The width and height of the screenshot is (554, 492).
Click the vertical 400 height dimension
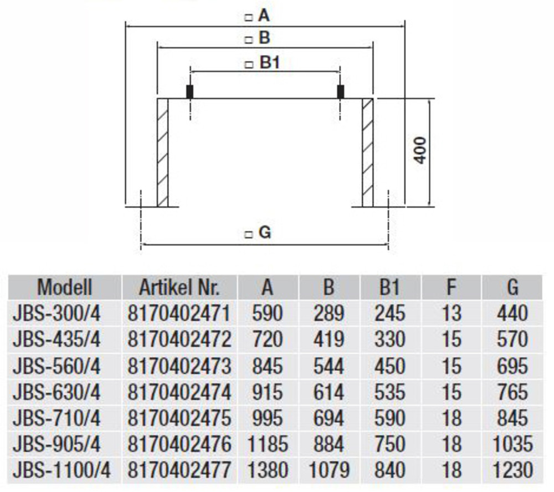pyautogui.click(x=420, y=150)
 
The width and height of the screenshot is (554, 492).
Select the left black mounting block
pyautogui.click(x=189, y=92)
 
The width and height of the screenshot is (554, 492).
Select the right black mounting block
pyautogui.click(x=341, y=92)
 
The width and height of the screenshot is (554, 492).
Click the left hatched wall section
pyautogui.click(x=162, y=153)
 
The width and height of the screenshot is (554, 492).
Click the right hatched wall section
pyautogui.click(x=368, y=153)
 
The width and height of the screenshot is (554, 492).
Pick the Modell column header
pyautogui.click(x=65, y=287)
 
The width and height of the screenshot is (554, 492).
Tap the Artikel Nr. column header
pyautogui.click(x=179, y=287)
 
